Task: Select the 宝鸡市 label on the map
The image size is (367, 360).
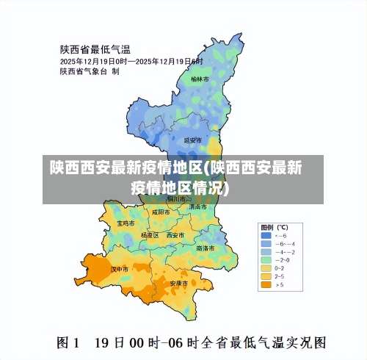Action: click(126, 222)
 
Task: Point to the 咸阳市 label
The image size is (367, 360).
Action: click(161, 212)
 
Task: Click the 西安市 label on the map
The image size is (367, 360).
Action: click(175, 235)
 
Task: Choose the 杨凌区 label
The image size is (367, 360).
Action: click(150, 235)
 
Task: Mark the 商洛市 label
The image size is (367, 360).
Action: click(206, 248)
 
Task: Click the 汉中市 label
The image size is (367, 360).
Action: click(119, 269)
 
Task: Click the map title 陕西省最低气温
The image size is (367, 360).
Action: click(95, 49)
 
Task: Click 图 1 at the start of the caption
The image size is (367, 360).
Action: click(69, 342)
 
